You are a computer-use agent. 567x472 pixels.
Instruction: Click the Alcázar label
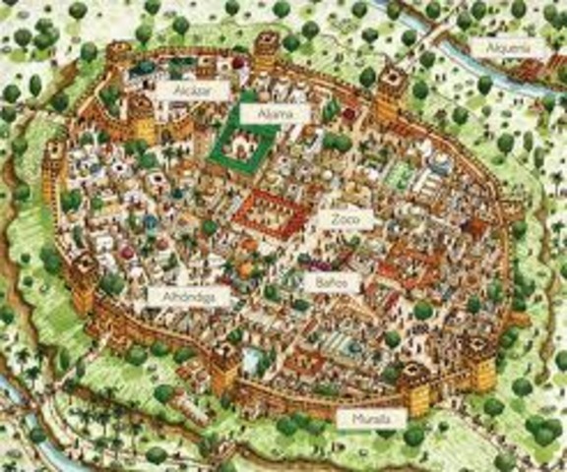click(x=192, y=88)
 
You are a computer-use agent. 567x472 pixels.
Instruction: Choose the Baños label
click(x=326, y=281)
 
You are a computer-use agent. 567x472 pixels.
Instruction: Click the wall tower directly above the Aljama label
click(x=266, y=47)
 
